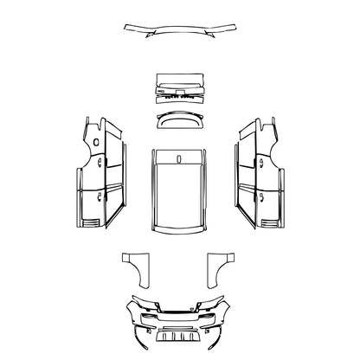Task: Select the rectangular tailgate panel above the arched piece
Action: point(179,87)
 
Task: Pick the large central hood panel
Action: point(179,195)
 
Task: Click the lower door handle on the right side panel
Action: point(259,198)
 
